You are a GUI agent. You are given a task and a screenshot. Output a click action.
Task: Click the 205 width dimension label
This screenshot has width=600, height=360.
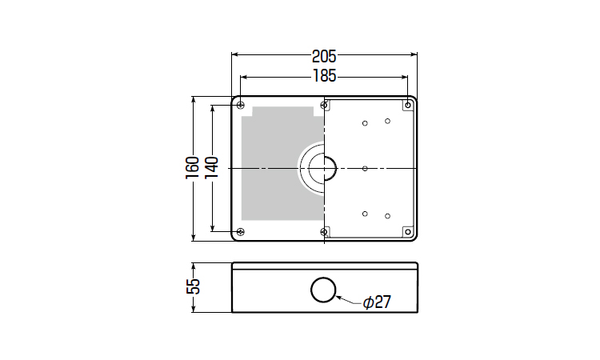[x=324, y=57]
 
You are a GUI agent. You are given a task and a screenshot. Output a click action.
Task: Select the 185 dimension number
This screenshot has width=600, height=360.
[x=325, y=76]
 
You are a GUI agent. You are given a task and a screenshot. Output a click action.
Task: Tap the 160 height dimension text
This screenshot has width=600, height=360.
[x=193, y=167]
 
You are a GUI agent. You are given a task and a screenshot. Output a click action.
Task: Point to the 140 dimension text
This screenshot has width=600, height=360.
[x=212, y=167]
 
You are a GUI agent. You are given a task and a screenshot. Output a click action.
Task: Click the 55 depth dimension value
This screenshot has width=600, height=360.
[x=194, y=286]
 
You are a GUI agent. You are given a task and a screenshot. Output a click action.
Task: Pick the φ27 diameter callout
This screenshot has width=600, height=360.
[x=377, y=302]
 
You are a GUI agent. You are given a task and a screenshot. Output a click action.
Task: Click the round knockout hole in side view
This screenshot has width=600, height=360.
[x=323, y=290]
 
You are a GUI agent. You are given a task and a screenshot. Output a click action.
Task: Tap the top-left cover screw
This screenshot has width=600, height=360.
[x=240, y=106]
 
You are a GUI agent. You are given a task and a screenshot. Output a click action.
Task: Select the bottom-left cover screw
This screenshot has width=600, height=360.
[x=240, y=231]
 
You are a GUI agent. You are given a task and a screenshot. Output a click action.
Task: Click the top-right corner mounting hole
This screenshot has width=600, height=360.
[x=408, y=105]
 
